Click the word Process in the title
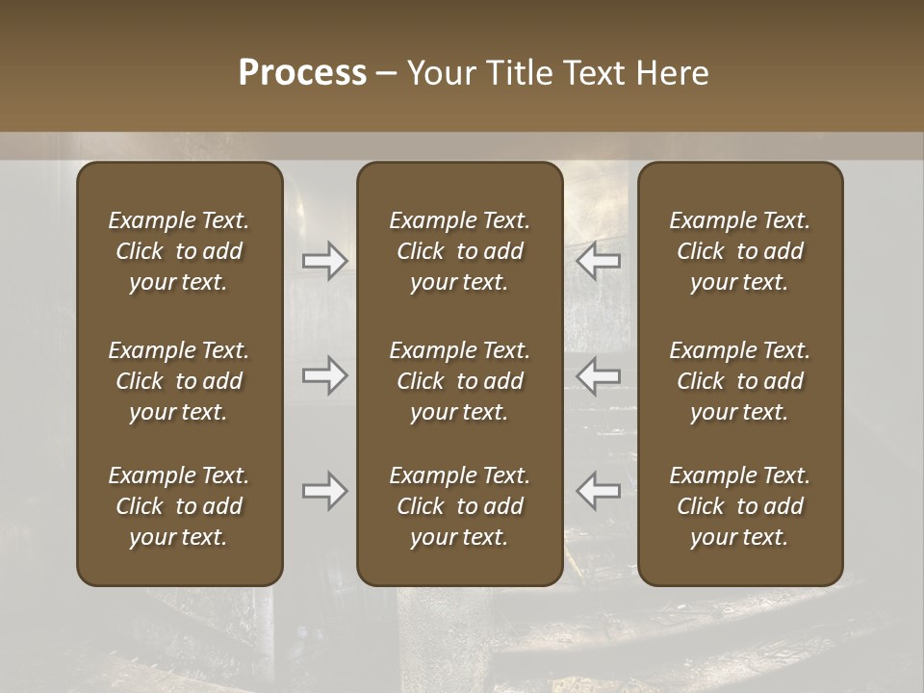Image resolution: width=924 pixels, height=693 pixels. click(x=302, y=73)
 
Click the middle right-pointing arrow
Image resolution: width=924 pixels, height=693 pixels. click(x=324, y=375)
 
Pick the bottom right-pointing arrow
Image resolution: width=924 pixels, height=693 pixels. click(x=324, y=491)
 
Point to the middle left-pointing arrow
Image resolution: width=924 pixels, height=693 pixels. click(x=598, y=375)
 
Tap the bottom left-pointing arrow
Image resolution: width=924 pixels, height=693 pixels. click(x=598, y=491)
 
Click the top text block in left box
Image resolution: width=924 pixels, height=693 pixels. click(x=179, y=251)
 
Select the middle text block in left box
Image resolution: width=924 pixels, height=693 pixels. click(x=179, y=381)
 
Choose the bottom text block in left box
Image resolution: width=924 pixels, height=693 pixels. click(x=179, y=506)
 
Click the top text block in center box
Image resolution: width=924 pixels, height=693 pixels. click(x=459, y=251)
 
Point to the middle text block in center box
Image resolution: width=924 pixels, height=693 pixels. click(x=459, y=381)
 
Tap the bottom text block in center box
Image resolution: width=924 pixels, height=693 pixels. click(x=459, y=506)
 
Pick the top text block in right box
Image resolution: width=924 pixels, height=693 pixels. click(x=739, y=251)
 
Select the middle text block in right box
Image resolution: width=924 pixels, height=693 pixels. click(x=739, y=381)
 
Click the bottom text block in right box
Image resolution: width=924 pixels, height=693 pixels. click(x=739, y=506)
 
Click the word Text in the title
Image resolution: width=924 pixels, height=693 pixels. click(x=593, y=73)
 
